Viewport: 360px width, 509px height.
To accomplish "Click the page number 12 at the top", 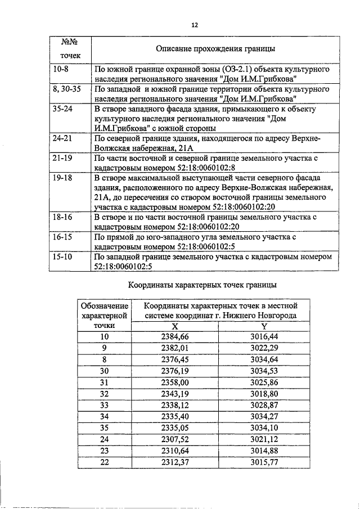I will pyautogui.click(x=195, y=25).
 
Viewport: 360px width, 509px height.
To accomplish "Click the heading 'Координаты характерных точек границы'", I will pyautogui.click(x=202, y=285).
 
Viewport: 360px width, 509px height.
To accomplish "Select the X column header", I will pyautogui.click(x=174, y=326).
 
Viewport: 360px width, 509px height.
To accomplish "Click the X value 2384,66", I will pyautogui.click(x=174, y=336).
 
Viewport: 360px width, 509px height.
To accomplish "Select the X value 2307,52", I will pyautogui.click(x=174, y=439).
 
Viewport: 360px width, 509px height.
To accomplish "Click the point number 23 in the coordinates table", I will pyautogui.click(x=103, y=450).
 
